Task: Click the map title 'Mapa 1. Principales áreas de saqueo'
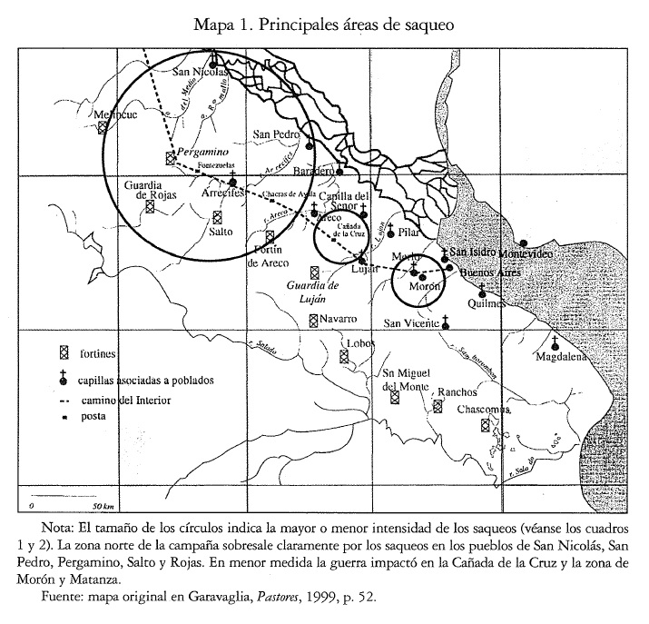(x=324, y=24)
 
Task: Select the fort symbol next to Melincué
(x=103, y=128)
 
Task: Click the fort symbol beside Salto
(x=216, y=216)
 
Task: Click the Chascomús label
(x=484, y=410)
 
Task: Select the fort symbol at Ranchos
(x=437, y=407)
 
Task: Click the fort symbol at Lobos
(x=344, y=356)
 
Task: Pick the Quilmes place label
(x=482, y=305)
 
